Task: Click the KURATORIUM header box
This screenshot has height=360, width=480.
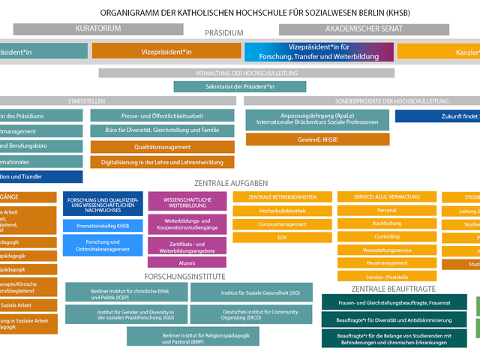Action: coord(98,29)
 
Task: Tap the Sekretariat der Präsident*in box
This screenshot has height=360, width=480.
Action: coord(239,87)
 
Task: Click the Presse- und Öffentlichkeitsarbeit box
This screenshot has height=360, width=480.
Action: coord(162,115)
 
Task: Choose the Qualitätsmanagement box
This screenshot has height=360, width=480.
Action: coord(162,148)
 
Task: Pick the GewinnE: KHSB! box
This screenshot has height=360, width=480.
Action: coord(317,139)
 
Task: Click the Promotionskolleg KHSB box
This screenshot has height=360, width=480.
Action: coord(103,226)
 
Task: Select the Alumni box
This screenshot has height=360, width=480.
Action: coord(187,262)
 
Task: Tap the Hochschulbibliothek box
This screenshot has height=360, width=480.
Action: coord(282,211)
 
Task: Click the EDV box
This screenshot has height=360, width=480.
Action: coord(282,237)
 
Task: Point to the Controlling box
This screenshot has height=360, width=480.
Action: coord(386,237)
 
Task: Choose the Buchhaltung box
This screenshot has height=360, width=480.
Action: coord(386,223)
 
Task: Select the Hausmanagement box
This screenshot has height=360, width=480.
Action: coord(386,263)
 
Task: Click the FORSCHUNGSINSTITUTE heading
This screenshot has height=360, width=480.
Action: coord(185,275)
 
